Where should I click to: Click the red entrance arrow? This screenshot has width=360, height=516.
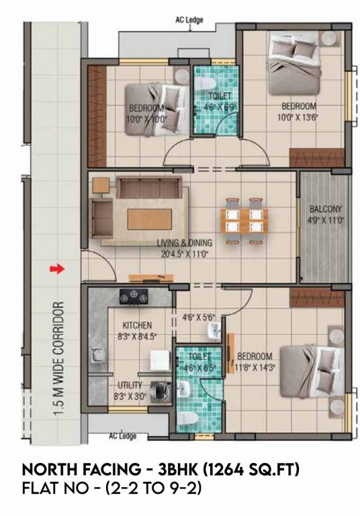57,269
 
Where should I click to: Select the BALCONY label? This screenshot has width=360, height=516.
326,208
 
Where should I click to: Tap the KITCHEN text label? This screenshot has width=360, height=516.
137,325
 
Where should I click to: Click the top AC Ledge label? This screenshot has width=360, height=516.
189,19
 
